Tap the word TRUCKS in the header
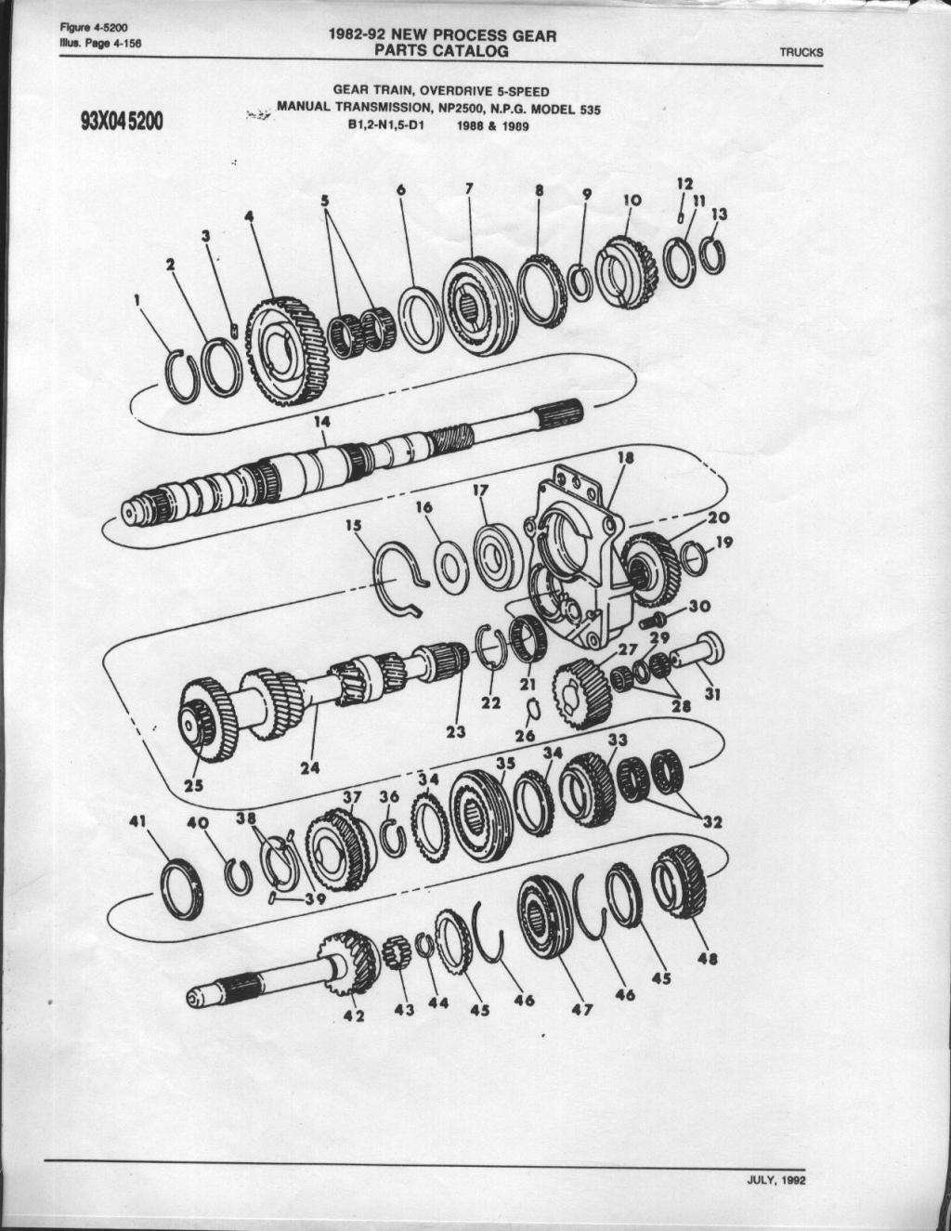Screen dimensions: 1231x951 pos(801,52)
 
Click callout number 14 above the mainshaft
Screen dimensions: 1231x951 pos(321,422)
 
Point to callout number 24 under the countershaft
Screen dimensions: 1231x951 pos(310,767)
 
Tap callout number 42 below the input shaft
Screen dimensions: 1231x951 pos(354,1015)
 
